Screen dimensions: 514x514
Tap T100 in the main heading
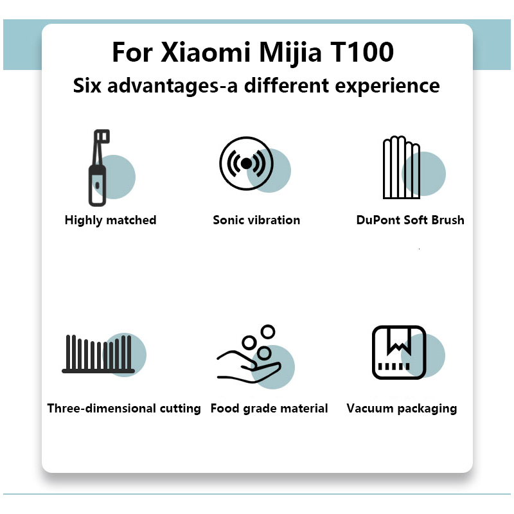click(x=360, y=52)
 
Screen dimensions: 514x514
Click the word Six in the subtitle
click(x=88, y=85)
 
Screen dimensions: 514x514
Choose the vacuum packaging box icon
click(x=399, y=352)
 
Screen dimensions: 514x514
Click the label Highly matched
click(x=111, y=220)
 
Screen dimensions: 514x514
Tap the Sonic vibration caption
click(x=256, y=220)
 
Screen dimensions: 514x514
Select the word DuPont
click(x=378, y=220)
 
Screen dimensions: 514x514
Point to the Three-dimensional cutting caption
click(x=124, y=409)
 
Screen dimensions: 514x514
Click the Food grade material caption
click(x=269, y=409)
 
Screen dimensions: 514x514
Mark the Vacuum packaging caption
click(x=402, y=409)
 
